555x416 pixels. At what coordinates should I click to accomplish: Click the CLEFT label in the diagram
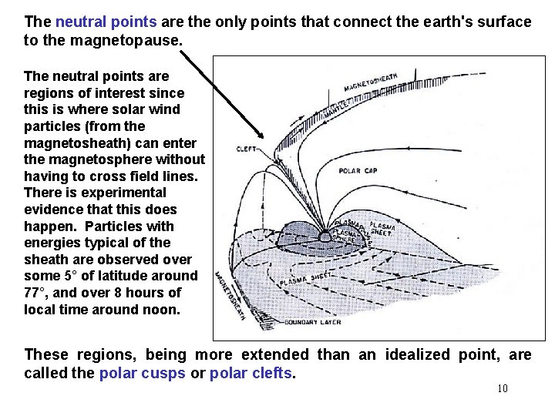pos(247,149)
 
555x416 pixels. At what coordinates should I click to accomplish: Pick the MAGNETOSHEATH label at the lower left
pos(230,301)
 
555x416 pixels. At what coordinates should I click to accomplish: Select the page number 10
pos(503,388)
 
